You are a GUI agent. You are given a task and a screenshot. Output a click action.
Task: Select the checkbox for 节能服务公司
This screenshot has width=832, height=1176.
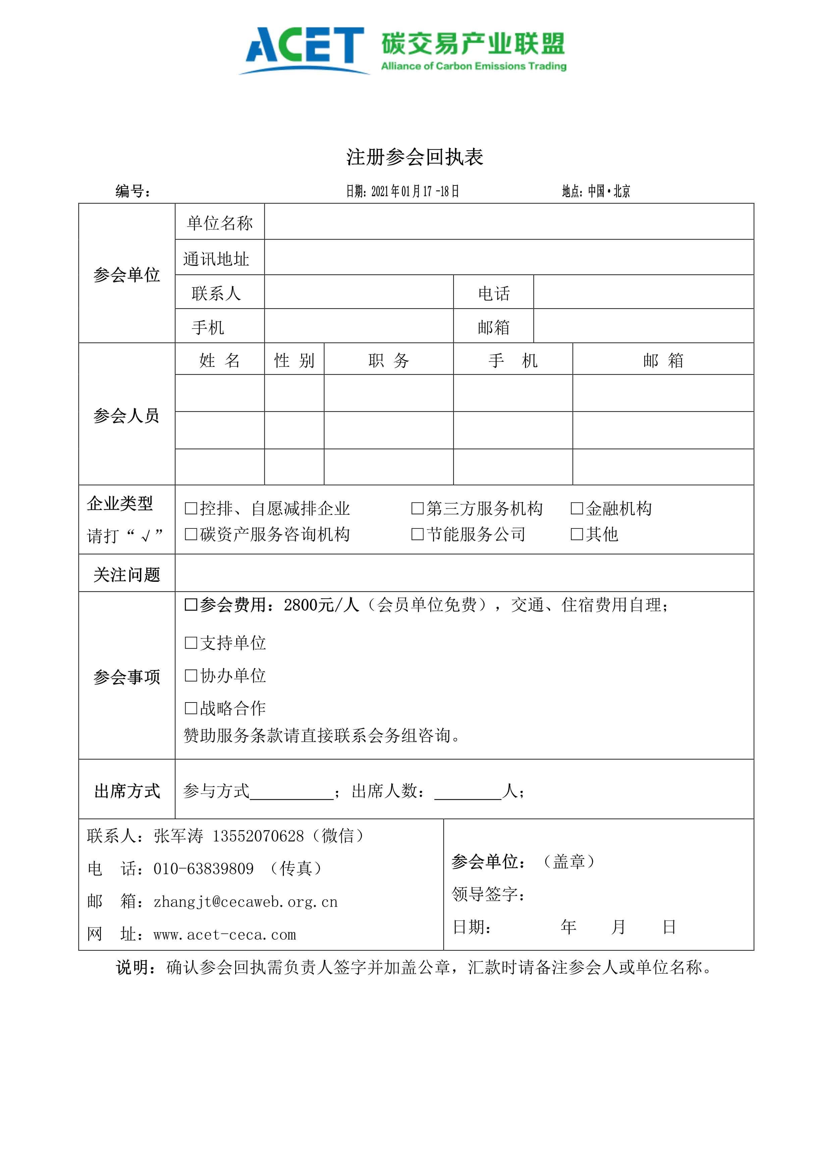pos(418,534)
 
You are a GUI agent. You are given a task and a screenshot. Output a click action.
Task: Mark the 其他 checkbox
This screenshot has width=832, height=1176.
pos(577,534)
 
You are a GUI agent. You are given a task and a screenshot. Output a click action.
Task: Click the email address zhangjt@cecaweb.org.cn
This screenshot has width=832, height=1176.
pos(245,901)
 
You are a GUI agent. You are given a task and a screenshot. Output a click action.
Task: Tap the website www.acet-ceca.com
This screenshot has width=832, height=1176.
pos(224,934)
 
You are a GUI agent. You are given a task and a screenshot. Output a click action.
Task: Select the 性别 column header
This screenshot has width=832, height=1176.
pos(294,360)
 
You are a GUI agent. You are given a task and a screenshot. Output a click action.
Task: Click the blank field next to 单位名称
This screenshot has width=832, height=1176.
pos(508,222)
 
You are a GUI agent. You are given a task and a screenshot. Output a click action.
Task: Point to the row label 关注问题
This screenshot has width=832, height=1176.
pos(126,574)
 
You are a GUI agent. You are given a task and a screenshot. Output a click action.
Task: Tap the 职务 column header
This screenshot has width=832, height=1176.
pos(388,360)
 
